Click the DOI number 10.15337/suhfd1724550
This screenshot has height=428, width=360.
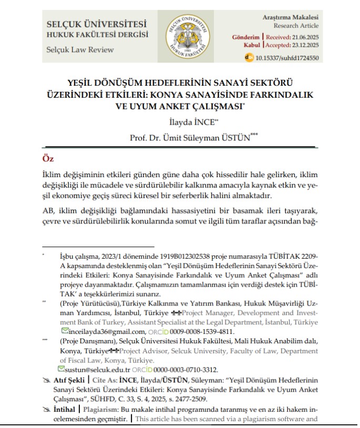coord(287,58)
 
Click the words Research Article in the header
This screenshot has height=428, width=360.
coord(296,26)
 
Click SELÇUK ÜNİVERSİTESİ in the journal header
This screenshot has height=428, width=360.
coord(97,24)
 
